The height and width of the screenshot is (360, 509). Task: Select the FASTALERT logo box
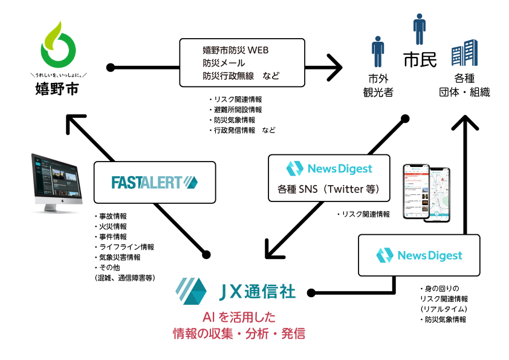pyautogui.click(x=155, y=182)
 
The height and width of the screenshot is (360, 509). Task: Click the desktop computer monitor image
pyautogui.click(x=56, y=182)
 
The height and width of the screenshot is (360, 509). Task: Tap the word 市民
pyautogui.click(x=420, y=61)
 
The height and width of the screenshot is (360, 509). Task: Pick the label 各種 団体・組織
pyautogui.click(x=464, y=85)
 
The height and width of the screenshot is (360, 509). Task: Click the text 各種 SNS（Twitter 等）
pyautogui.click(x=328, y=189)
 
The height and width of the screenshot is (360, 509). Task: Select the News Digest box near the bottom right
pyautogui.click(x=419, y=255)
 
